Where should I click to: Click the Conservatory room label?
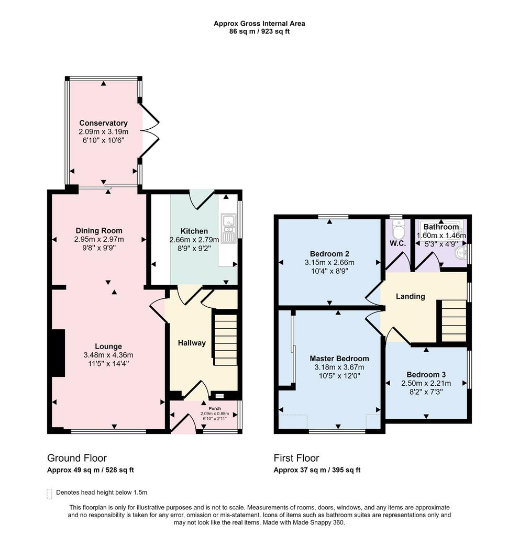tap(103, 123)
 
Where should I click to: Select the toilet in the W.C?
tap(398, 229)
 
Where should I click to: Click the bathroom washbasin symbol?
tap(461, 253)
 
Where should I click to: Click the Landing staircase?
tap(454, 321)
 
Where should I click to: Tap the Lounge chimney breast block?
tap(58, 353)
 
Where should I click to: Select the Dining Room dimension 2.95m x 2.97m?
tap(99, 239)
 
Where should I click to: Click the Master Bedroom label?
tap(339, 359)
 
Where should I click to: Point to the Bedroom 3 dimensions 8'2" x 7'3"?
tap(426, 392)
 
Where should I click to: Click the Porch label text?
tap(215, 408)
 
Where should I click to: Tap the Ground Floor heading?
tap(77, 458)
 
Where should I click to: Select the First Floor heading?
tap(296, 458)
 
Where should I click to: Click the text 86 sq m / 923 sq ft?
tap(259, 31)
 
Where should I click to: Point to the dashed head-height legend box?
tap(49, 494)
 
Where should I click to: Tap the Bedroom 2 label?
tap(329, 254)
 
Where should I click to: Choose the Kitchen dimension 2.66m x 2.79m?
tap(194, 240)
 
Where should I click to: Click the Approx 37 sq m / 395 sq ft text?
tap(317, 470)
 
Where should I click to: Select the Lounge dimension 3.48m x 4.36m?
tap(108, 355)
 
